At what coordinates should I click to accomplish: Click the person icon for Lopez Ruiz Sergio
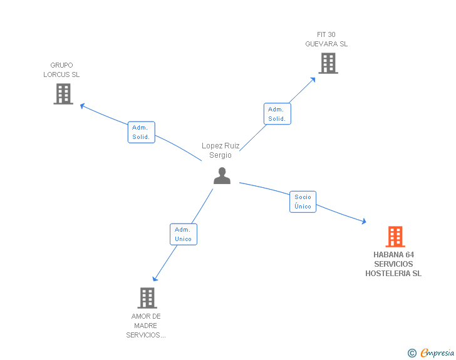tap(222, 176)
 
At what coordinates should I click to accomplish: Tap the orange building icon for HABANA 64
tap(395, 237)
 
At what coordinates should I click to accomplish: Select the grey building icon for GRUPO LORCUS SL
tap(63, 94)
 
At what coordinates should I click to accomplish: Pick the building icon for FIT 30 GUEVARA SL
tap(328, 63)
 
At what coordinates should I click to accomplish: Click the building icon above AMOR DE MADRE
tap(147, 298)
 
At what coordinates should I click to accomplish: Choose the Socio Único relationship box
tap(303, 202)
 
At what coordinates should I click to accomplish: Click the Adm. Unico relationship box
tap(183, 234)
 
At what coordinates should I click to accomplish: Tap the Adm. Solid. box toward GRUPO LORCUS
tap(141, 132)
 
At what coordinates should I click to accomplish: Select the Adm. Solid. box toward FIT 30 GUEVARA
tap(277, 114)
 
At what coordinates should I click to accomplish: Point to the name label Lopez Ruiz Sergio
tap(220, 150)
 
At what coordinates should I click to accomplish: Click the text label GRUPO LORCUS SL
tap(61, 69)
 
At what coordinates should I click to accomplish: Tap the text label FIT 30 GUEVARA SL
tap(326, 39)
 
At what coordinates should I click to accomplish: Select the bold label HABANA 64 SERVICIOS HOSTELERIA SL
tap(393, 264)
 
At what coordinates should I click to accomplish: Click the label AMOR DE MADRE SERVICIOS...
tap(146, 326)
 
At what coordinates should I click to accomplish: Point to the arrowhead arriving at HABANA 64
tap(363, 222)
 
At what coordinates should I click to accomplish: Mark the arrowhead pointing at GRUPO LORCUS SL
tap(82, 105)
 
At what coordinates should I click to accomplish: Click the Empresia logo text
tap(437, 353)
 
